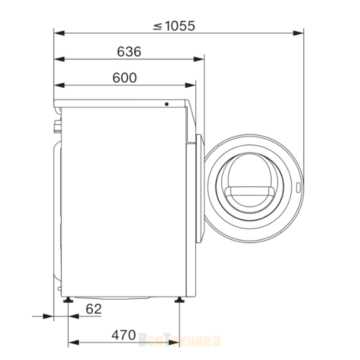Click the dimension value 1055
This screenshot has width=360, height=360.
click(180, 26)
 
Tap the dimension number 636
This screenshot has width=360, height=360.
click(129, 52)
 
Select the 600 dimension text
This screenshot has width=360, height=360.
click(125, 78)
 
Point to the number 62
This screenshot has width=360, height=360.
click(94, 309)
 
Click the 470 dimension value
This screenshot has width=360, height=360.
click(124, 335)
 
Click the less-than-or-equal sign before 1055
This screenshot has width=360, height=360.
click(157, 27)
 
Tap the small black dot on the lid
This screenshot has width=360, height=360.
click(166, 104)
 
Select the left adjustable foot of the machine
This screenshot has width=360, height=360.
click(68, 300)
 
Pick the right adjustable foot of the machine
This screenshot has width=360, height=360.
click(180, 300)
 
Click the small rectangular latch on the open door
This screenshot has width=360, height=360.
click(298, 187)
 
